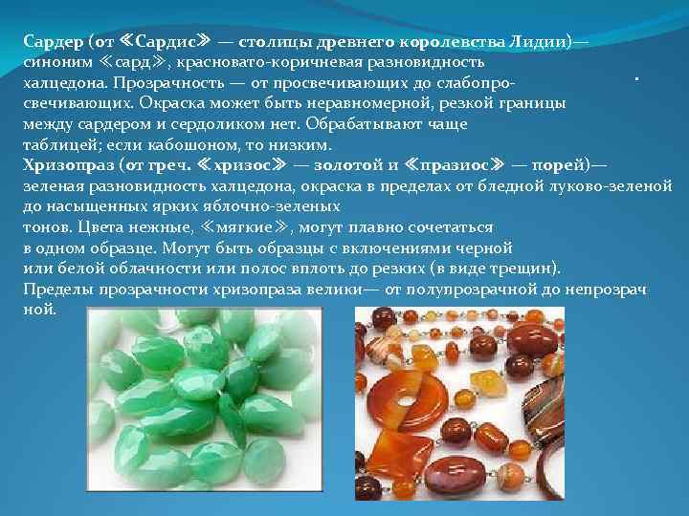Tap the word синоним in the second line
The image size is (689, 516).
coord(56,63)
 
